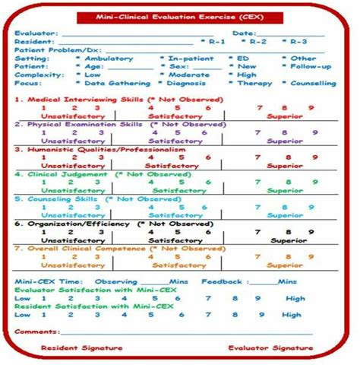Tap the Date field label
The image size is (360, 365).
[x=244, y=33]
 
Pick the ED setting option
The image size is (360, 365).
[x=242, y=58]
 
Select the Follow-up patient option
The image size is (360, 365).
[x=312, y=66]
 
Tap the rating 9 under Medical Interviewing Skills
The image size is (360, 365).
[x=310, y=107]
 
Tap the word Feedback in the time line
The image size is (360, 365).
[x=221, y=281]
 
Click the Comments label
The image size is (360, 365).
[x=37, y=332]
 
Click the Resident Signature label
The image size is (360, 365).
[x=81, y=348]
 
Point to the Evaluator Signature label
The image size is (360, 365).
[x=270, y=348]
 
